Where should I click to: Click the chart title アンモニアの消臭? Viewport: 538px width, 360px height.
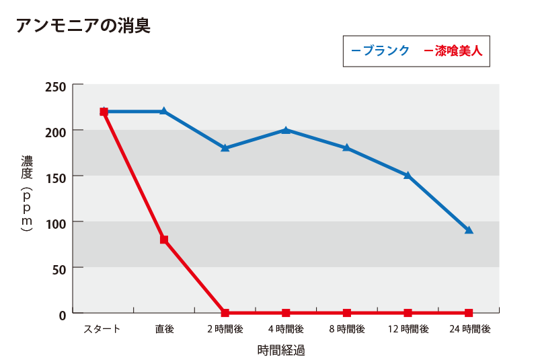(82, 26)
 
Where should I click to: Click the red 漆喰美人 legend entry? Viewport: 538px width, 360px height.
(454, 50)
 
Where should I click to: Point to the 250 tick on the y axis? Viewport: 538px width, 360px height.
(55, 87)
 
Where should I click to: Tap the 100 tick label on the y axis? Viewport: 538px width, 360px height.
(55, 222)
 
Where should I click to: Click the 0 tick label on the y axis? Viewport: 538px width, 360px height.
(61, 314)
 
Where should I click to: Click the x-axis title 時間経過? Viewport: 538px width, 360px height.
(281, 350)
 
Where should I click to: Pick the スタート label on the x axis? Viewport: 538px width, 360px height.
(102, 329)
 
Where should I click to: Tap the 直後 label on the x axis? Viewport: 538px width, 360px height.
(164, 329)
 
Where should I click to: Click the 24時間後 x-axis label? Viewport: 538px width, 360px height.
(469, 329)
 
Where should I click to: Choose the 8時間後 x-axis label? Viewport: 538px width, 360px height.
(347, 329)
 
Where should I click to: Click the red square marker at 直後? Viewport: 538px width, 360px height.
(164, 240)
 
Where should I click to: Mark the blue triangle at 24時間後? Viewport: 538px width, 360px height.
(469, 230)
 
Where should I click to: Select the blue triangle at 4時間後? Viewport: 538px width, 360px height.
(286, 130)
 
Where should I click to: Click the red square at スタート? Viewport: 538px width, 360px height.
(104, 112)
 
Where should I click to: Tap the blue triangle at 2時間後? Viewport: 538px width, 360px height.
(225, 147)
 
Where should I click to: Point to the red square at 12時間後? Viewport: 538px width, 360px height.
(408, 313)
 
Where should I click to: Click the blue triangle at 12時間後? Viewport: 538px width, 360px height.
(408, 175)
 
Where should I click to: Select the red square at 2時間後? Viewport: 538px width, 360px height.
(225, 313)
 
